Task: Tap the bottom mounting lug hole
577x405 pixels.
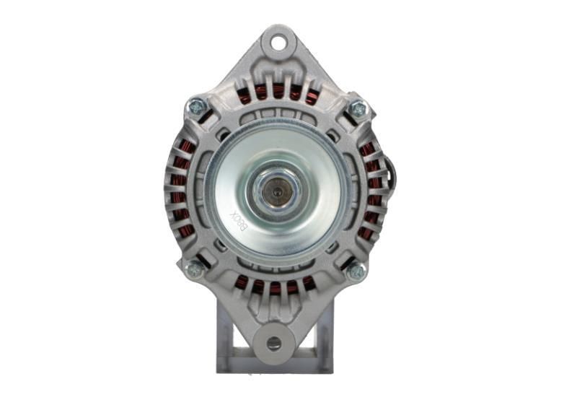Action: (x=274, y=343)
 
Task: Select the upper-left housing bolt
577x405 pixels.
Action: (x=197, y=107)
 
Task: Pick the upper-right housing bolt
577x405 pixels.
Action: (x=357, y=110)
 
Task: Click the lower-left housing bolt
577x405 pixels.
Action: (x=194, y=269)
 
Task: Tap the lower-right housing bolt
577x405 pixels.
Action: (x=355, y=271)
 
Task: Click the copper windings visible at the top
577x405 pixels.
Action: (x=278, y=92)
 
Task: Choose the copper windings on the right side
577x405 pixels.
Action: (x=372, y=189)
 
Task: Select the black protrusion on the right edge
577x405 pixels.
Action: (x=392, y=173)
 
